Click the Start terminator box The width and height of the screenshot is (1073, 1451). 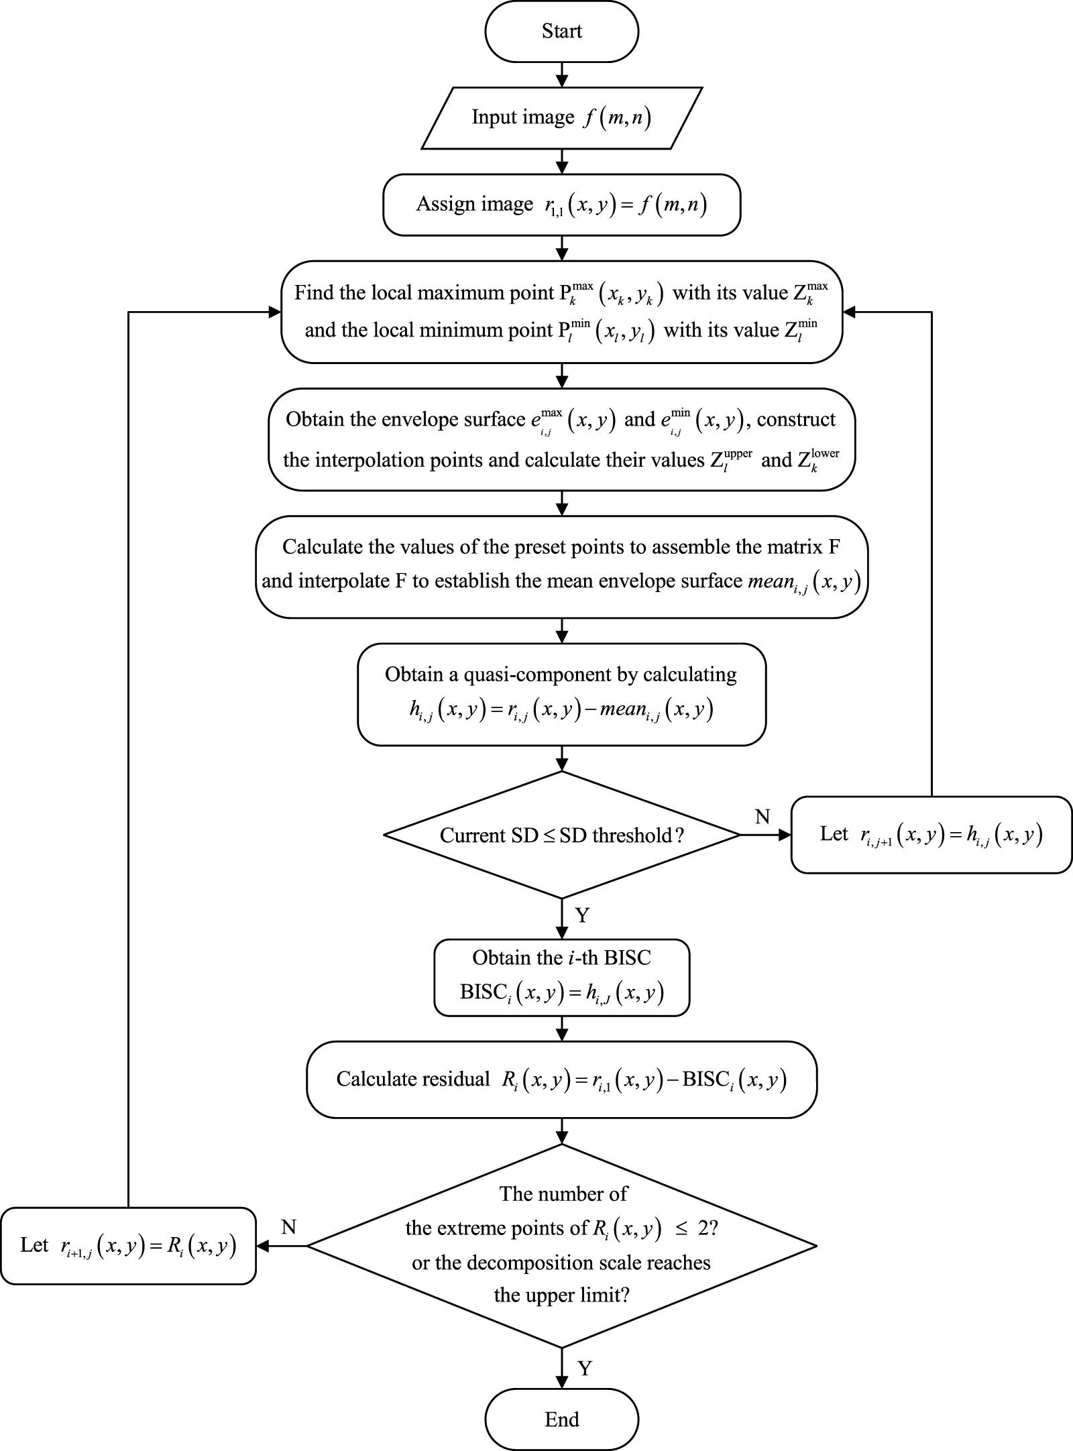561,32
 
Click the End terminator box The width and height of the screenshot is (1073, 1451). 561,1419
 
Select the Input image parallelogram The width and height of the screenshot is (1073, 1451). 561,117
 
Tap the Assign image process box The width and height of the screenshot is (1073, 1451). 561,205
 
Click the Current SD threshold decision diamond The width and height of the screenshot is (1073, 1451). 561,835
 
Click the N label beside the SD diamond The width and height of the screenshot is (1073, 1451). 763,817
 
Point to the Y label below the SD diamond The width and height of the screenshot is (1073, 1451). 582,915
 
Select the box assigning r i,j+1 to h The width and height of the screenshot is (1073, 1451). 931,835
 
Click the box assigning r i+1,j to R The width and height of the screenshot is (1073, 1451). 128,1246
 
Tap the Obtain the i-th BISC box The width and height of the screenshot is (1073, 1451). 561,978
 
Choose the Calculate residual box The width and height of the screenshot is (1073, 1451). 561,1080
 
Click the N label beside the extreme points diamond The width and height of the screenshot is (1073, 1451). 288,1227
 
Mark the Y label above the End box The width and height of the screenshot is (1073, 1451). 584,1368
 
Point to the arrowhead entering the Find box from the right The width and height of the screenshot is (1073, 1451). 849,312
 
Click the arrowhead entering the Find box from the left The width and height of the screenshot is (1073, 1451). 274,312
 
